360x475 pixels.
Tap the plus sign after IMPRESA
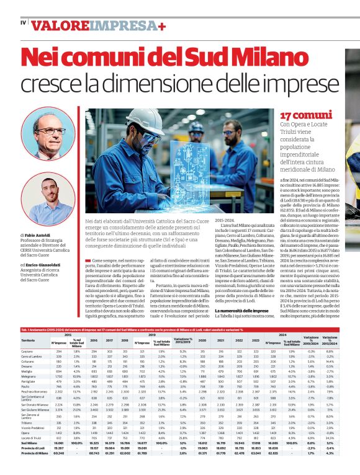click(161, 26)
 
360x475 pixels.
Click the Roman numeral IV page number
click(23, 24)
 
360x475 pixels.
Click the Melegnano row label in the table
click(30, 376)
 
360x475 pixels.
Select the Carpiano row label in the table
click(28, 351)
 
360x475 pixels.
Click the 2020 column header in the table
click(203, 340)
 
